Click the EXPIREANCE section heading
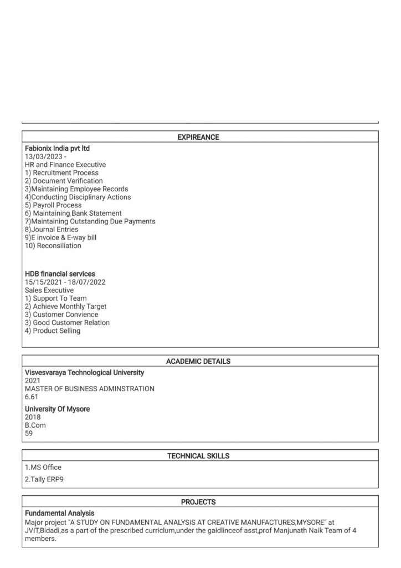[x=198, y=137]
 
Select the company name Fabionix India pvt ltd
[x=57, y=149]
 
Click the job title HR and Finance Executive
[x=65, y=165]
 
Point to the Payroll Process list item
[x=53, y=205]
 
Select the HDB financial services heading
[x=60, y=274]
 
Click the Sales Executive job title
[x=49, y=290]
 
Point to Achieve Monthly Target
[x=65, y=306]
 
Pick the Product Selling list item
[x=53, y=331]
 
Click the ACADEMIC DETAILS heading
[x=198, y=361]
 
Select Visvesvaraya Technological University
[x=84, y=373]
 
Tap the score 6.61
[x=32, y=397]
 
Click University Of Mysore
[x=57, y=409]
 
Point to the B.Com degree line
[x=35, y=425]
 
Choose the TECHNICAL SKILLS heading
[x=198, y=456]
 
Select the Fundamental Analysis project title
[x=59, y=514]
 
